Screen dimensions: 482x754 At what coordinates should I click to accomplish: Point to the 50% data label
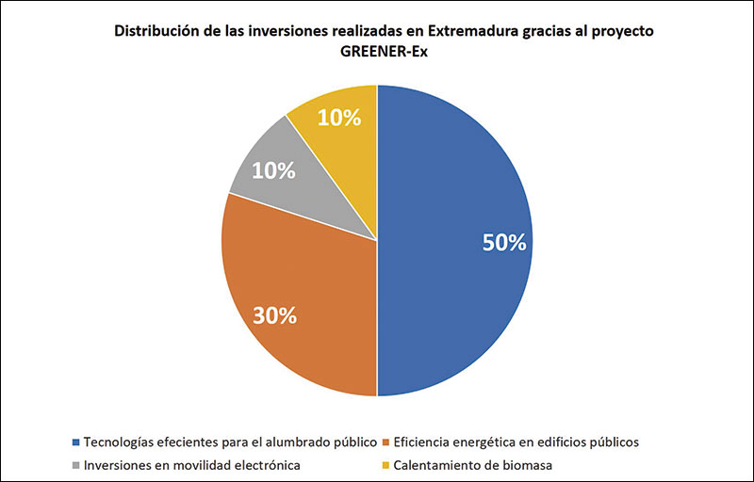503,242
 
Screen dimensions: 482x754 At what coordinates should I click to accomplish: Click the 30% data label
274,315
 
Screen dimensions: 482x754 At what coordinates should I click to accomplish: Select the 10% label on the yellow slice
339,118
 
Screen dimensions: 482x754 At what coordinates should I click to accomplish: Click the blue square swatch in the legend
75,442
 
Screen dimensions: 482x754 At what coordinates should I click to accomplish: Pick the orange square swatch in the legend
388,442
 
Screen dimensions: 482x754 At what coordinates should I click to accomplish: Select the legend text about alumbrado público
231,442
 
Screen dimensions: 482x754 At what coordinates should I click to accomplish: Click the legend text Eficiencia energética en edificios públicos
517,442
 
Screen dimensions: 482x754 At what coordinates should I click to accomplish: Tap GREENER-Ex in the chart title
377,51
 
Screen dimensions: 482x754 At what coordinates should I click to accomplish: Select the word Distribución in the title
156,30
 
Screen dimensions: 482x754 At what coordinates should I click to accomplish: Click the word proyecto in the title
610,30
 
